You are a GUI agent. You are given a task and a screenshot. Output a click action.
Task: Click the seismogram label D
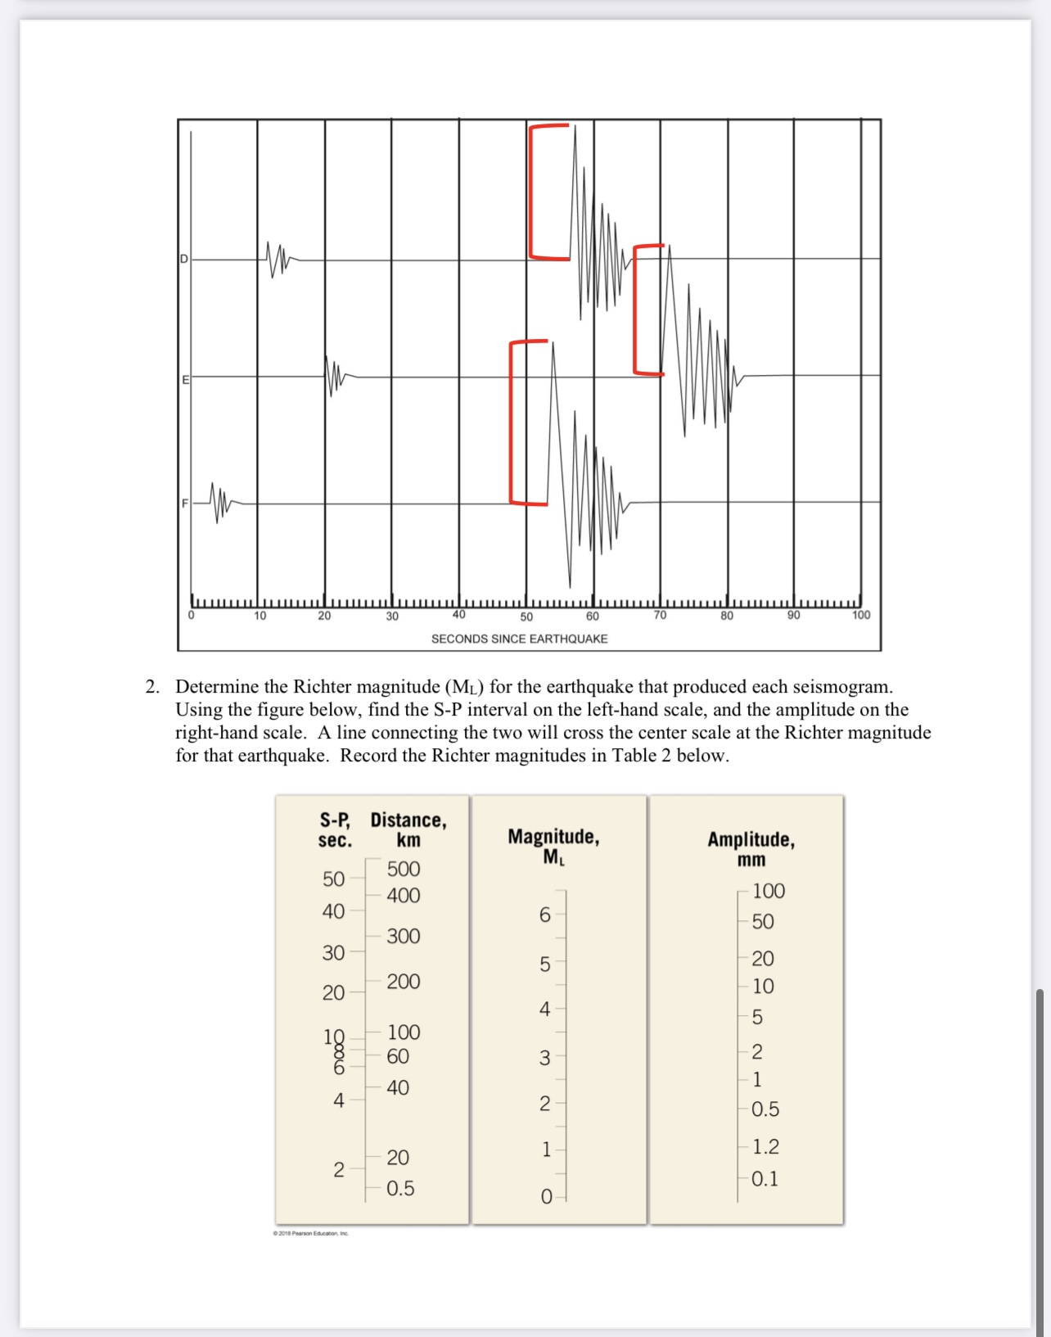tap(184, 259)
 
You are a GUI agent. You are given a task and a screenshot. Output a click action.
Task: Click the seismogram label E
tap(185, 380)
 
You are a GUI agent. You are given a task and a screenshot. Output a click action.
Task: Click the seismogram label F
tap(185, 503)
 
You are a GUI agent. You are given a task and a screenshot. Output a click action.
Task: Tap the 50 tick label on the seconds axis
tap(526, 617)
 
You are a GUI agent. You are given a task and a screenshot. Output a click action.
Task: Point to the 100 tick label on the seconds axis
tap(861, 615)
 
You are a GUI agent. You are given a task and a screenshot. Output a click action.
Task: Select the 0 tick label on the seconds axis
tap(192, 615)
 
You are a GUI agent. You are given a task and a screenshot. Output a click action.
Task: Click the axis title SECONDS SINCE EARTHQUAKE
tap(519, 639)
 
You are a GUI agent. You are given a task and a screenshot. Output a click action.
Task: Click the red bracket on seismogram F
tap(513, 422)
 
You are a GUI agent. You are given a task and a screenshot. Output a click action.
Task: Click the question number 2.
tap(151, 687)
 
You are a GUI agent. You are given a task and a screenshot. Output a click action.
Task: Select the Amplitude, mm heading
tap(751, 849)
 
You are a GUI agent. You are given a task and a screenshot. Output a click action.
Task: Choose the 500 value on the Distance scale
tap(404, 869)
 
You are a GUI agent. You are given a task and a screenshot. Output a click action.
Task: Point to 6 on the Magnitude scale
tap(544, 915)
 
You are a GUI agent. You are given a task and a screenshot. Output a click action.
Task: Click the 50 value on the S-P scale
tap(333, 879)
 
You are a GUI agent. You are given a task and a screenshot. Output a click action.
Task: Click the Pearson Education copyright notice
tap(311, 1233)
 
